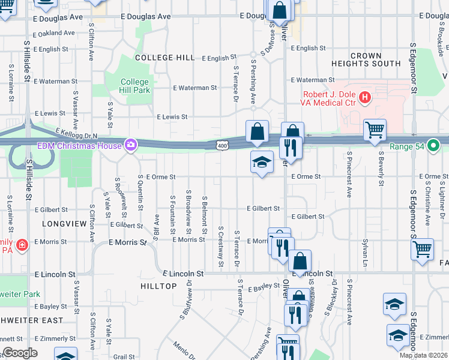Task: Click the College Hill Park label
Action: (x=134, y=86)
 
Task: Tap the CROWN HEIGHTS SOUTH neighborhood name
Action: (x=366, y=59)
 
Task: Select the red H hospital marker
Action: (x=364, y=97)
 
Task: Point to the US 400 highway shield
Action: (x=222, y=145)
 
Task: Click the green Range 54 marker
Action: (x=437, y=145)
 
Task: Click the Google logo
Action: (x=20, y=352)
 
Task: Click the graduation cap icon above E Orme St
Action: (x=262, y=161)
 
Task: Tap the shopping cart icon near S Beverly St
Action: (x=375, y=128)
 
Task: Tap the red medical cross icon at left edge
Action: (x=22, y=245)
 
